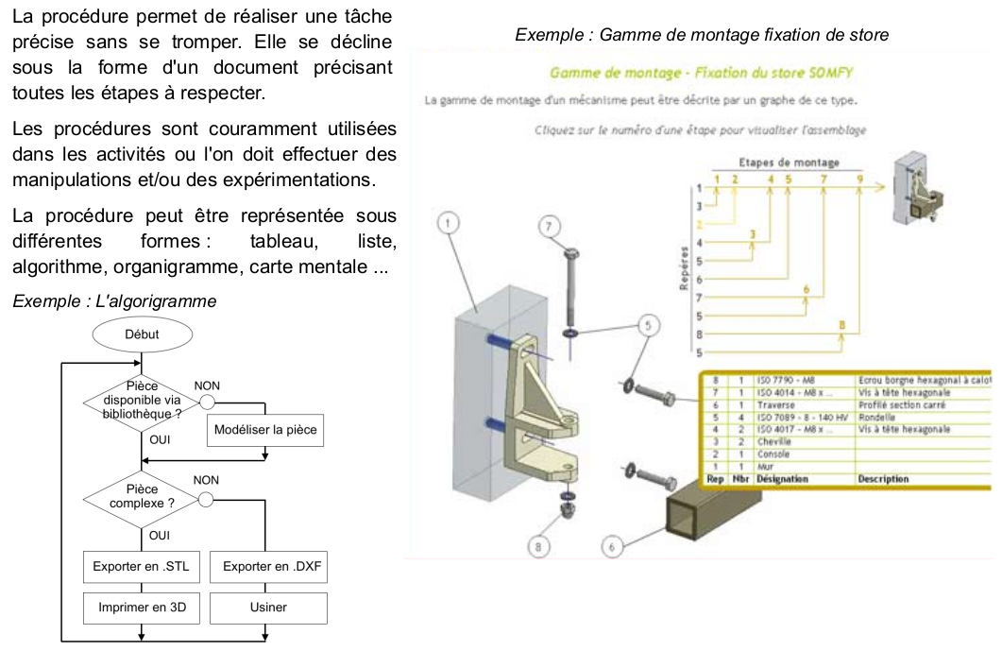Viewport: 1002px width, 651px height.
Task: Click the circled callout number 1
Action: [451, 223]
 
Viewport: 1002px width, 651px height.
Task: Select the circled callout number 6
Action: [611, 545]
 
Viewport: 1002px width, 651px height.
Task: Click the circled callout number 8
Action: [540, 545]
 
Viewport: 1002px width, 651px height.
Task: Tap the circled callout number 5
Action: [649, 325]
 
